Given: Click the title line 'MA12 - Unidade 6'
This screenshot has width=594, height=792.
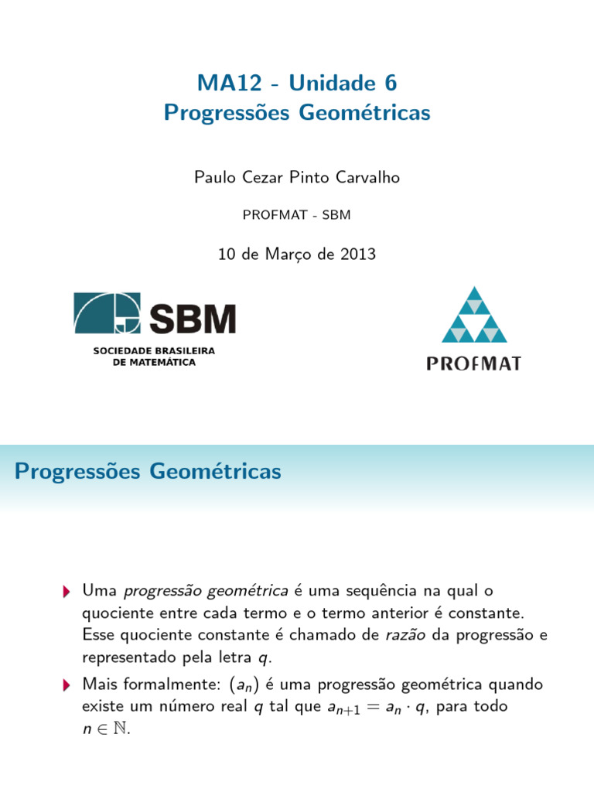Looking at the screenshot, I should coord(297,81).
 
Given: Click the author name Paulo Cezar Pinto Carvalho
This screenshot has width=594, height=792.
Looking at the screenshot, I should coord(297,177).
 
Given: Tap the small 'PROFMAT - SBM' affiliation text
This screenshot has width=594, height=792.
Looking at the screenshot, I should coord(297,214).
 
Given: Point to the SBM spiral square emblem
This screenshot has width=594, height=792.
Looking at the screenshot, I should coord(107,314).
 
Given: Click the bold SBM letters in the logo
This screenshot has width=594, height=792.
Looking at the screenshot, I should coord(192,318).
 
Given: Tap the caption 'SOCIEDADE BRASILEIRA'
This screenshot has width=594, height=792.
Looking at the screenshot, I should coord(154,350).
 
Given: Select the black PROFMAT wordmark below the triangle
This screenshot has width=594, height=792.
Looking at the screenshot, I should coord(474,363).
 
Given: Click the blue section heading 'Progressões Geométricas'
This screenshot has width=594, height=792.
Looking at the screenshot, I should coord(148,471).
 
